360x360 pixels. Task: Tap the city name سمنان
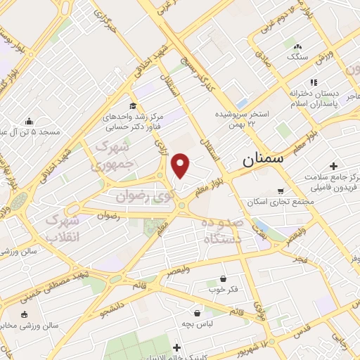263,160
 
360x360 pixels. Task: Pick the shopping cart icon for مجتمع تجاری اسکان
280,191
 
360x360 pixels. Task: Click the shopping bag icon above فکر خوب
223,278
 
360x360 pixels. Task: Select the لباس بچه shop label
210,326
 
